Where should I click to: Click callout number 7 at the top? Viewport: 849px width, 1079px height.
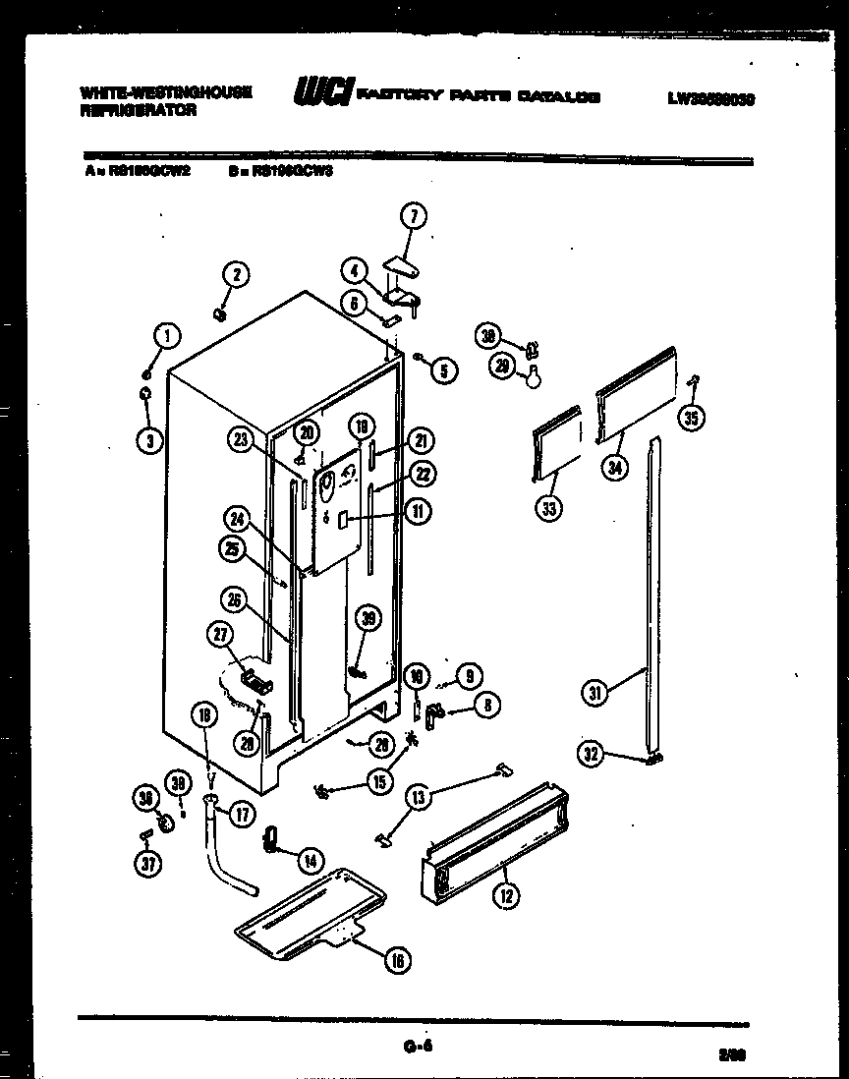(412, 217)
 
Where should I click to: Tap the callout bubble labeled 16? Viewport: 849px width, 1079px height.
(396, 961)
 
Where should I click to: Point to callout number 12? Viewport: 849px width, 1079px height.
(508, 894)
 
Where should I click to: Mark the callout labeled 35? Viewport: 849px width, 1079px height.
(692, 419)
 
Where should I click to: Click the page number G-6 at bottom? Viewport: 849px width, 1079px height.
(417, 1047)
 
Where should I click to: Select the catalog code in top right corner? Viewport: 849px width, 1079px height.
(709, 98)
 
